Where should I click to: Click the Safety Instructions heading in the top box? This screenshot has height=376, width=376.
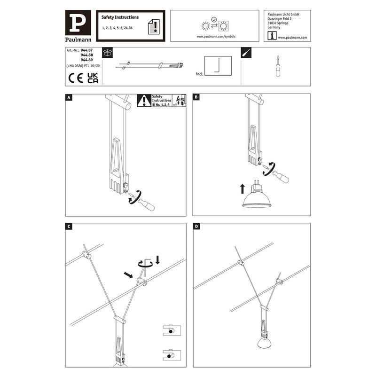point(120,17)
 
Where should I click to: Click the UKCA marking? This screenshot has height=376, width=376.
point(93,78)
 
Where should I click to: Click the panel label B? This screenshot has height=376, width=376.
point(196,98)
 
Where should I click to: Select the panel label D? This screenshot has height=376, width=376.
point(196,227)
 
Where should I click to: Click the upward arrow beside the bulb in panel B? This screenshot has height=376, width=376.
point(242,189)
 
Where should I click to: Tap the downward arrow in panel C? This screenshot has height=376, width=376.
point(157,260)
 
